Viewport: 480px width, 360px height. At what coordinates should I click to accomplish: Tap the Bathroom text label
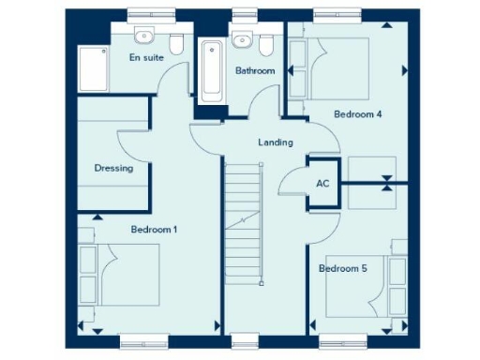pos(254,71)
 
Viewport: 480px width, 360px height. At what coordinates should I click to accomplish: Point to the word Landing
pos(276,142)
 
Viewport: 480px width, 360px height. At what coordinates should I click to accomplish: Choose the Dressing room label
pos(113,169)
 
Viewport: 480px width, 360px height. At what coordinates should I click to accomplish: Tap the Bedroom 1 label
pos(154,229)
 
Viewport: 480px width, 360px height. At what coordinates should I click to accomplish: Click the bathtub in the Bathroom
pos(211,71)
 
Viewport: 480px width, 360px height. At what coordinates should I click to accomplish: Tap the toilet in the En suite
pos(176,42)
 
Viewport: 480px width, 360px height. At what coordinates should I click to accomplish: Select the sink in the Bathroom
pos(241,38)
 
